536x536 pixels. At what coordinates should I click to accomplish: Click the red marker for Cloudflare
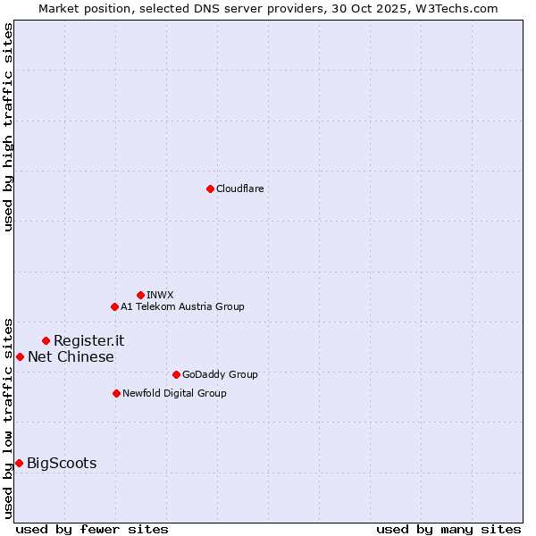[x=210, y=188]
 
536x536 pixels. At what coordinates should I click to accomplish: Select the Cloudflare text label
[x=239, y=188]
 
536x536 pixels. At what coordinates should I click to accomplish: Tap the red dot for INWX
[x=140, y=295]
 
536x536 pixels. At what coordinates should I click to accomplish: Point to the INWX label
[x=160, y=295]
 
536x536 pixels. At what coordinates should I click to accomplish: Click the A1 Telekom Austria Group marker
[x=114, y=306]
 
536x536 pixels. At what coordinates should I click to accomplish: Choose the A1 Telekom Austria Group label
[x=182, y=306]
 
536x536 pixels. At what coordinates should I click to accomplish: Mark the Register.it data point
[x=46, y=340]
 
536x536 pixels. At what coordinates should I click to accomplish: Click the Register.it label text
[x=88, y=340]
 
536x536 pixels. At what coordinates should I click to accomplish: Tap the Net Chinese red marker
[x=20, y=356]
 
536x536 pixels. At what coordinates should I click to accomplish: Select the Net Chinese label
[x=71, y=357]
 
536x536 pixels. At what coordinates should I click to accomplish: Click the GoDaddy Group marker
[x=176, y=374]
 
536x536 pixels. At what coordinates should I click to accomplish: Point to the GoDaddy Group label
[x=220, y=374]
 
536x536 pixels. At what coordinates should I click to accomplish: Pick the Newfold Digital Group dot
[x=116, y=393]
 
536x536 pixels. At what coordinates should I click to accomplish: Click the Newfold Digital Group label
[x=174, y=393]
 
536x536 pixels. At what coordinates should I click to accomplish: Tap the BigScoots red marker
[x=19, y=463]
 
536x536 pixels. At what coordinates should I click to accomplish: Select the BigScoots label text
[x=62, y=463]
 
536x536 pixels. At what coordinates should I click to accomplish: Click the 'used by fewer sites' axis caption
[x=92, y=529]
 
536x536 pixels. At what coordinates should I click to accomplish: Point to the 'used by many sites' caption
[x=448, y=529]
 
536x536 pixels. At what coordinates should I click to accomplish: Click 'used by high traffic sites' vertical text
[x=8, y=127]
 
